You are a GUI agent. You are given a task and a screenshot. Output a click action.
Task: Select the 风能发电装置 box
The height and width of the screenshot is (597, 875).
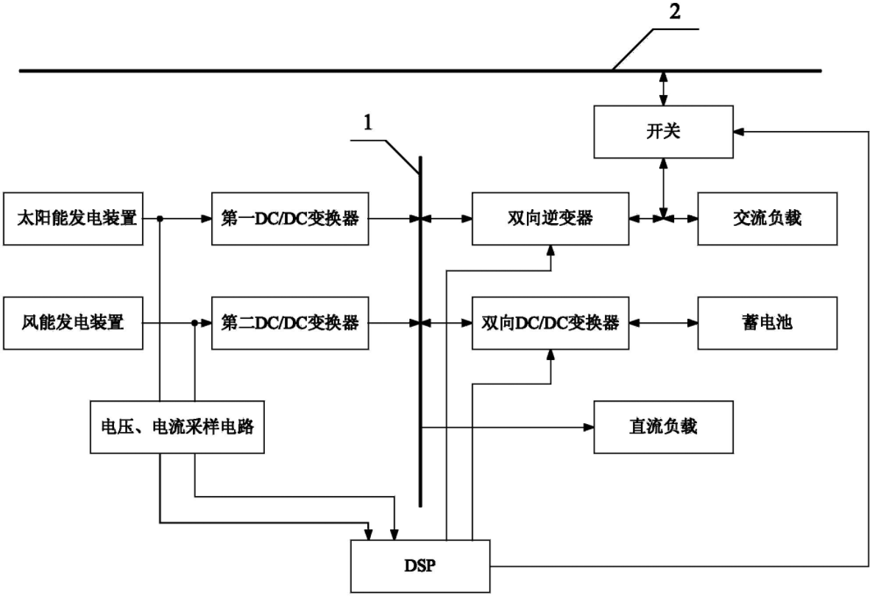tap(72, 322)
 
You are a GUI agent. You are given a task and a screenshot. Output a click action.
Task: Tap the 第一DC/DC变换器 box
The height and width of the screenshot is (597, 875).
tap(289, 219)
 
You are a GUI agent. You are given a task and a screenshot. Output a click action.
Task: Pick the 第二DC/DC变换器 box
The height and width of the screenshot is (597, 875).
tap(289, 322)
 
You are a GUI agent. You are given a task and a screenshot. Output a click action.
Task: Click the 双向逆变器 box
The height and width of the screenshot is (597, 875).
tap(550, 219)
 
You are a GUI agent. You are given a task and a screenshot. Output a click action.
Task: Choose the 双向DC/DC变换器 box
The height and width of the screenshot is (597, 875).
tap(550, 322)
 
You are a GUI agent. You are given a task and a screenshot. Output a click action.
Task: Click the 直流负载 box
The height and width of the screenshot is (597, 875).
tap(663, 426)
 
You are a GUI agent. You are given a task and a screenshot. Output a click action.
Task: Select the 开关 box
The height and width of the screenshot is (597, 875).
tap(663, 132)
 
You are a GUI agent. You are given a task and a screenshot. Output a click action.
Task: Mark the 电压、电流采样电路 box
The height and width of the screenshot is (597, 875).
tap(177, 426)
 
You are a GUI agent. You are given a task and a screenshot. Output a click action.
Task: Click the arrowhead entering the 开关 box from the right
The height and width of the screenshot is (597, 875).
tap(739, 132)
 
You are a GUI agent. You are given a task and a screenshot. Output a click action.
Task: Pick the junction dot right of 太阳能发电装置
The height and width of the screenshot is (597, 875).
tap(160, 219)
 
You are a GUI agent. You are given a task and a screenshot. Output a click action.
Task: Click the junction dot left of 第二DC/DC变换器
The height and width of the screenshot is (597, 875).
tap(195, 322)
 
